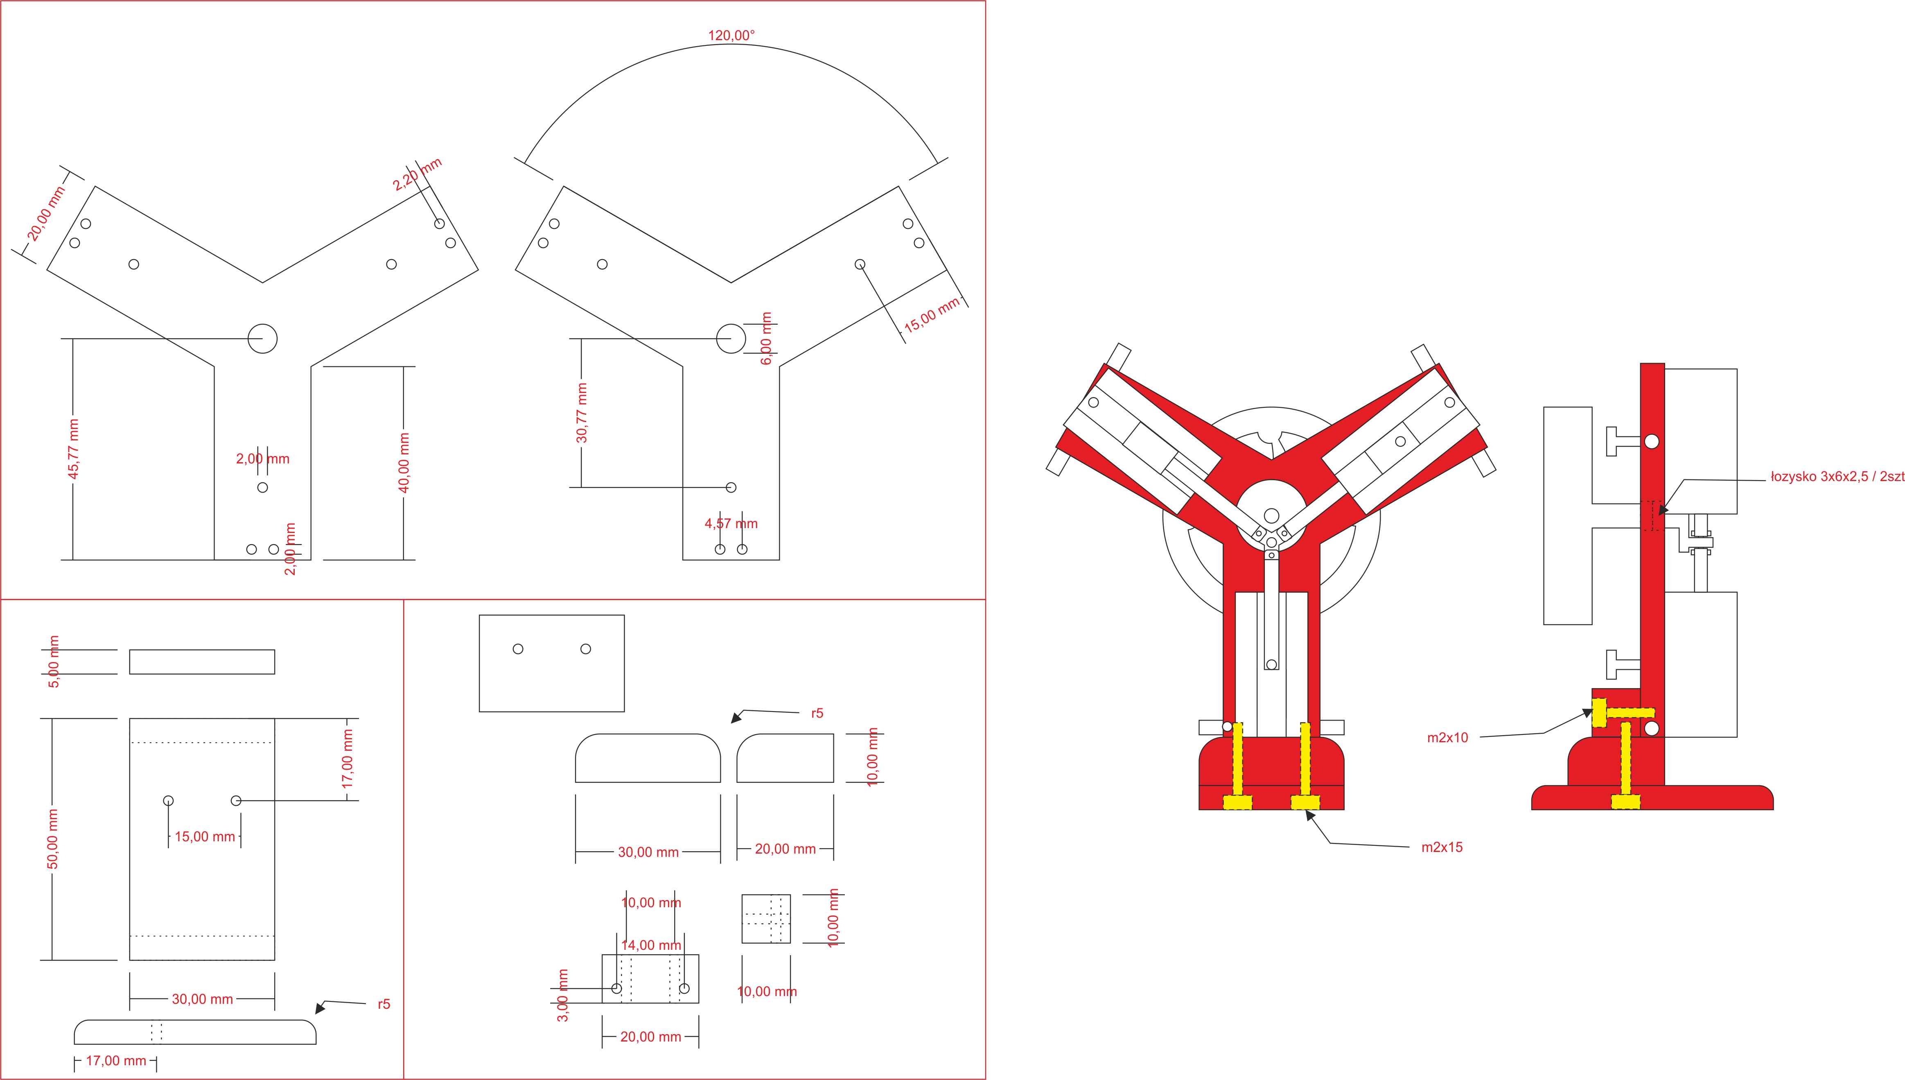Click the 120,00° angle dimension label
(731, 36)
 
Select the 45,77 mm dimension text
(73, 449)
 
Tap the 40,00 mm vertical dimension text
(404, 463)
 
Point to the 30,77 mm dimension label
(582, 413)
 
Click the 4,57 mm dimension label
(731, 524)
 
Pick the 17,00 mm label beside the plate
(348, 759)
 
